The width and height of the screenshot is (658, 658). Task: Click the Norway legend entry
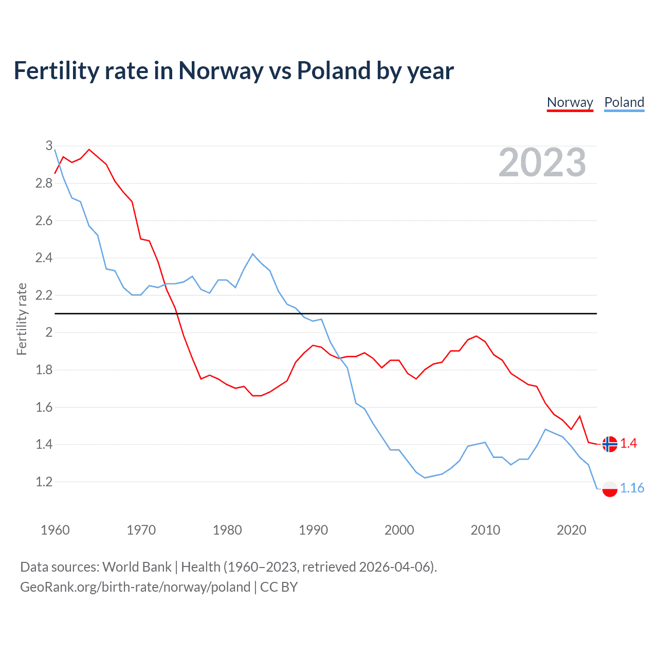tap(570, 102)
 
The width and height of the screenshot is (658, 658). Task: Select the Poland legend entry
tap(624, 102)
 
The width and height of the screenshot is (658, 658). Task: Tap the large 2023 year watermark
tap(542, 162)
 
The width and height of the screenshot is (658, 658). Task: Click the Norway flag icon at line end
tap(610, 444)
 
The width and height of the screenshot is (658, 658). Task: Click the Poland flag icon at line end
tap(610, 488)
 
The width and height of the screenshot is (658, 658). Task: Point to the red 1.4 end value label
tap(629, 443)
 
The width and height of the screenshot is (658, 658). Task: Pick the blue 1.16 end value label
tap(632, 488)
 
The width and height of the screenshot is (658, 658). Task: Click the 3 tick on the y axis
tap(49, 146)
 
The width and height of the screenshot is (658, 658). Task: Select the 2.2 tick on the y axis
tap(44, 295)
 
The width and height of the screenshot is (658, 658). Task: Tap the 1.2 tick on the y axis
tap(44, 482)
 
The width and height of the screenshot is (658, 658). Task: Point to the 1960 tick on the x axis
tap(55, 530)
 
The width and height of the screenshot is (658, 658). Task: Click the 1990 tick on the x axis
tap(313, 530)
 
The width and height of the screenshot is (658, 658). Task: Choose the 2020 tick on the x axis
tap(571, 530)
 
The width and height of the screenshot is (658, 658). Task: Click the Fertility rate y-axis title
tap(22, 319)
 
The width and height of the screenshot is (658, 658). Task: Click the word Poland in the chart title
tap(334, 71)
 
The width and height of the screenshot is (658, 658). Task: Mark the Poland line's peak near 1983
tap(252, 254)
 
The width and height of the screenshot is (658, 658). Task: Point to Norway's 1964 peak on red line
tap(89, 150)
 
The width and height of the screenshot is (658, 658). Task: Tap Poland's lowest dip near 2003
tap(425, 478)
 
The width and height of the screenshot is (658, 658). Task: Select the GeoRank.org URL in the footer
tap(135, 587)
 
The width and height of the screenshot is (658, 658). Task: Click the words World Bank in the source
tap(137, 567)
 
